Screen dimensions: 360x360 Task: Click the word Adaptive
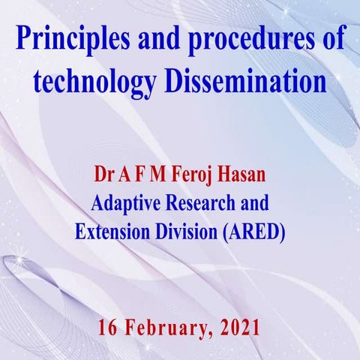[124, 203]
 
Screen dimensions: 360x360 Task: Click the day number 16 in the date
[109, 328]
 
